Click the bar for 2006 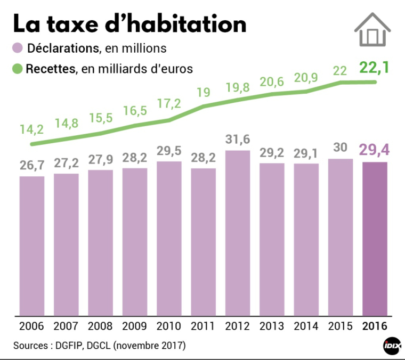coord(32,246)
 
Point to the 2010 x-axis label coord(169,325)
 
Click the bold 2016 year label coord(375,325)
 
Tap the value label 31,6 coord(238,141)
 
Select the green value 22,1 coord(375,68)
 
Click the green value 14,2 coord(32,129)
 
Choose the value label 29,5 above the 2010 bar coord(169,151)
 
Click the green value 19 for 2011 coord(204,92)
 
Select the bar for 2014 coord(306,240)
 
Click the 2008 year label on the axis coord(101,325)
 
